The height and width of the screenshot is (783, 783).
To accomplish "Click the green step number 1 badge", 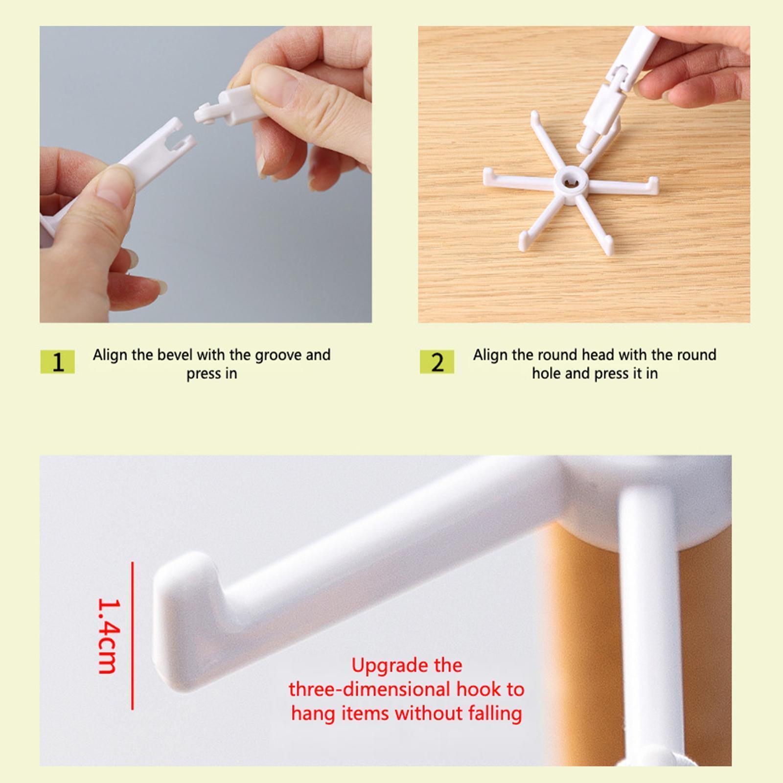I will [57, 362].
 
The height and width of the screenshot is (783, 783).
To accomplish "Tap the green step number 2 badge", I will [437, 362].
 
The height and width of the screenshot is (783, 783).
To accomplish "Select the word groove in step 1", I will [278, 355].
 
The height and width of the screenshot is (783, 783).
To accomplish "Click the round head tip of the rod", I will [583, 146].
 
